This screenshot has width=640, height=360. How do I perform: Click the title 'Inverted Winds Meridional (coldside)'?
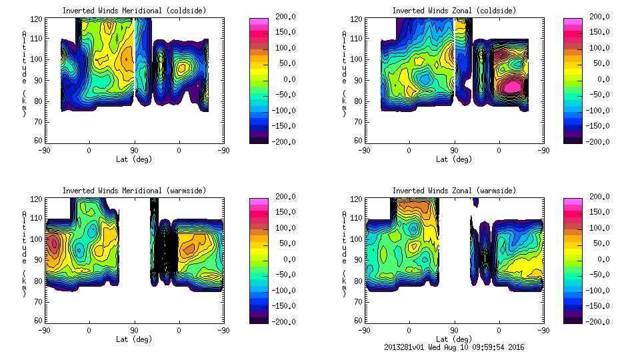pyautogui.click(x=135, y=11)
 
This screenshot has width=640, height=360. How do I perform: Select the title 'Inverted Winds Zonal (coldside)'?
pyautogui.click(x=454, y=11)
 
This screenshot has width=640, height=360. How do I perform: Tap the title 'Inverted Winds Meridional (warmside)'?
pyautogui.click(x=135, y=191)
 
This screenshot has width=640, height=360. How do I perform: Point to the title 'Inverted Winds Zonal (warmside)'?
pyautogui.click(x=454, y=191)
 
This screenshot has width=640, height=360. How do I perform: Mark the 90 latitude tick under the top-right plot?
pyautogui.click(x=453, y=150)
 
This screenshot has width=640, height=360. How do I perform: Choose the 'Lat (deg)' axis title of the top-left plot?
pyautogui.click(x=134, y=159)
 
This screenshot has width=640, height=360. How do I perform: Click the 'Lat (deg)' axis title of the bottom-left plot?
pyautogui.click(x=134, y=339)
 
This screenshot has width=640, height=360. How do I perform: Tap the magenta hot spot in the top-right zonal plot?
pyautogui.click(x=512, y=86)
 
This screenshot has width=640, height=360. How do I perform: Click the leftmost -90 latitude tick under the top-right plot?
pyautogui.click(x=364, y=150)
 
